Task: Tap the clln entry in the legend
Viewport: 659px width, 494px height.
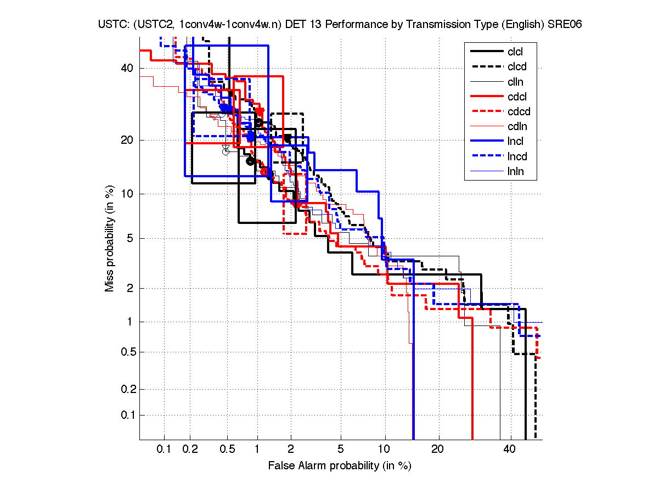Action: point(515,82)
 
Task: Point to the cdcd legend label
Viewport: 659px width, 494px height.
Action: point(519,112)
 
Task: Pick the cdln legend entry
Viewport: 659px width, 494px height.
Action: point(517,127)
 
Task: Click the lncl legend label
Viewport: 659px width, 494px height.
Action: point(515,142)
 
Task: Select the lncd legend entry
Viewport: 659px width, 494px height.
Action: point(517,157)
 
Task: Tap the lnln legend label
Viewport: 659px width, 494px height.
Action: point(515,172)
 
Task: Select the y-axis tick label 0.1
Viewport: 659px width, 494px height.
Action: point(126,415)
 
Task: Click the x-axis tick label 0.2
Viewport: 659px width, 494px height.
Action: point(190,450)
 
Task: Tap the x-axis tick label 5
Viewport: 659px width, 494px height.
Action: point(341,450)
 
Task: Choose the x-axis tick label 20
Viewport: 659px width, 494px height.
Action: point(437,450)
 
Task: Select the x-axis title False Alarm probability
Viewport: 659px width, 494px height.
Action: point(340,465)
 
